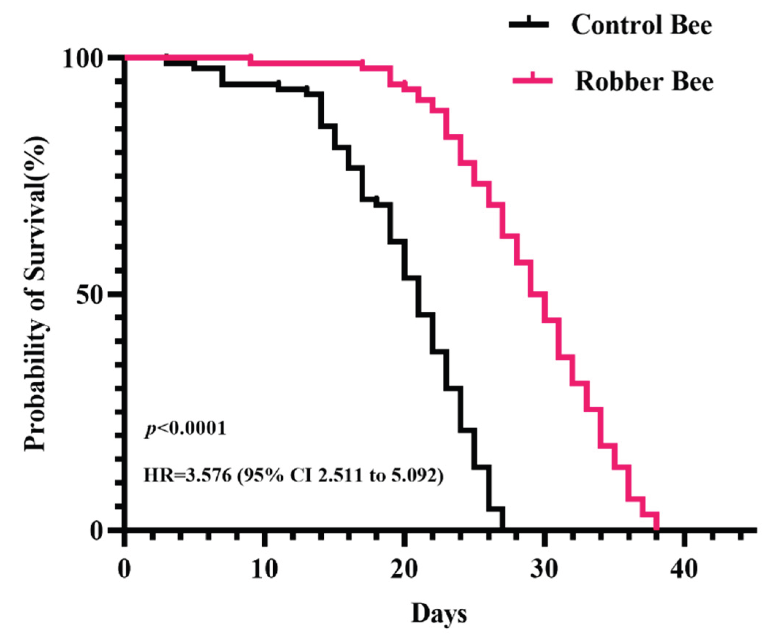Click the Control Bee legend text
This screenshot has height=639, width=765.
(x=642, y=26)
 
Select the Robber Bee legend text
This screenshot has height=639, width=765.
(x=644, y=82)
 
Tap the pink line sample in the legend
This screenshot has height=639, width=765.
(x=532, y=81)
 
